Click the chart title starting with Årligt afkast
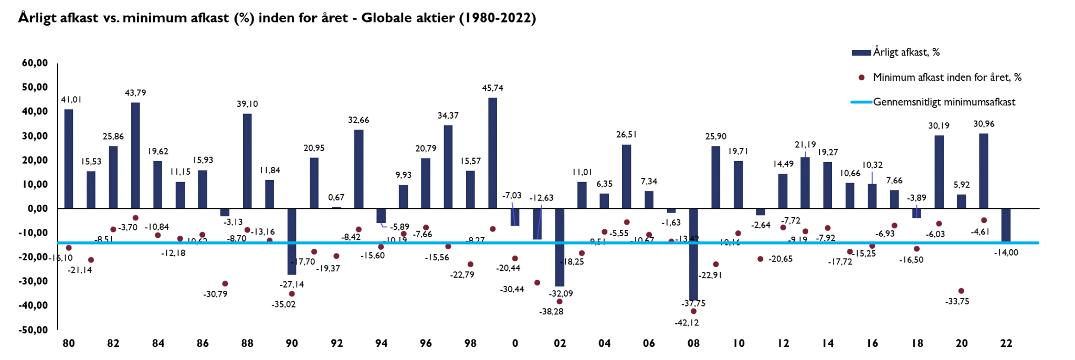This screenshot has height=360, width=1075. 277,18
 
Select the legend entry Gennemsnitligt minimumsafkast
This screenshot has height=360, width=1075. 944,102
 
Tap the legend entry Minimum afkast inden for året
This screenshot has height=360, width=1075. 947,78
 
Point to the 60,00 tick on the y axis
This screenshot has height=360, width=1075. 35,63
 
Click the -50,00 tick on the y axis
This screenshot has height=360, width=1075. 34,330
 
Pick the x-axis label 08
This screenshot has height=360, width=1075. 693,343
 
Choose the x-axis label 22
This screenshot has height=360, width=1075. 1006,343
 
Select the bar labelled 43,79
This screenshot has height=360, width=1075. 135,155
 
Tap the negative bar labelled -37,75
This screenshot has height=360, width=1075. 693,254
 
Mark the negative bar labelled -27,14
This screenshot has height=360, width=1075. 292,241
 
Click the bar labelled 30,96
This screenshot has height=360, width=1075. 984,171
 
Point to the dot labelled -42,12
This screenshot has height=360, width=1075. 693,311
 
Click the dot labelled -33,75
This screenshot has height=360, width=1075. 961,291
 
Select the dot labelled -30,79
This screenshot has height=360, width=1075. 225,284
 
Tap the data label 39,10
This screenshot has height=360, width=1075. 247,104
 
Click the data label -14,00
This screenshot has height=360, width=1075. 1006,252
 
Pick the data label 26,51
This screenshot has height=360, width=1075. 626,134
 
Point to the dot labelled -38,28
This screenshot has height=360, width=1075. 560,302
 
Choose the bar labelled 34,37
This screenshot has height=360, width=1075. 448,167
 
